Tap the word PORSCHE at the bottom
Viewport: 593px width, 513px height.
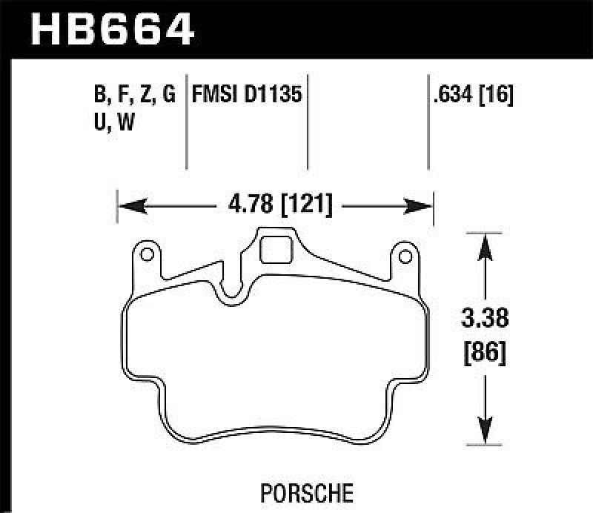(x=296, y=492)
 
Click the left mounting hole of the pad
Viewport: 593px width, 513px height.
(x=147, y=256)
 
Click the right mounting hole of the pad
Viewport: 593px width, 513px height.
(x=405, y=256)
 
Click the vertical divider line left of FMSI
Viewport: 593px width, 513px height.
(x=185, y=122)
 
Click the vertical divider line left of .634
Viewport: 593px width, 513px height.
(x=428, y=122)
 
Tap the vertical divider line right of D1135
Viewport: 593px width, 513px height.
(x=308, y=122)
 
